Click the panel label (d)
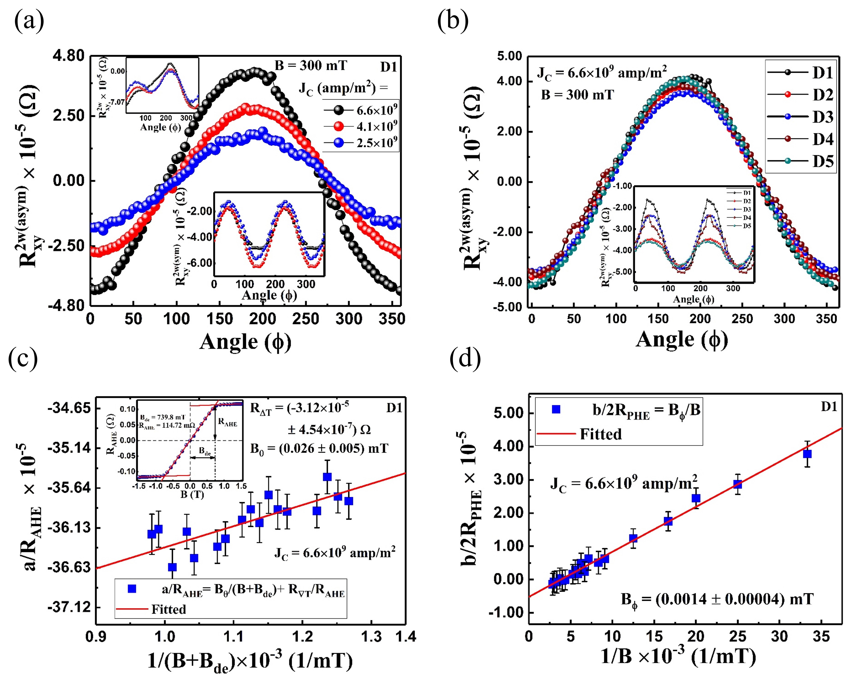tap(464, 358)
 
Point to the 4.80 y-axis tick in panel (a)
tap(68, 56)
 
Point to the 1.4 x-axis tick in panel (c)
tap(406, 636)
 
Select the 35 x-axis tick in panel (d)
tap(821, 636)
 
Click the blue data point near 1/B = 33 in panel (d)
tap(807, 454)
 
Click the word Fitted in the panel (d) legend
tap(600, 434)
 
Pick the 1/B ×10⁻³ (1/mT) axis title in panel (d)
tap(677, 657)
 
